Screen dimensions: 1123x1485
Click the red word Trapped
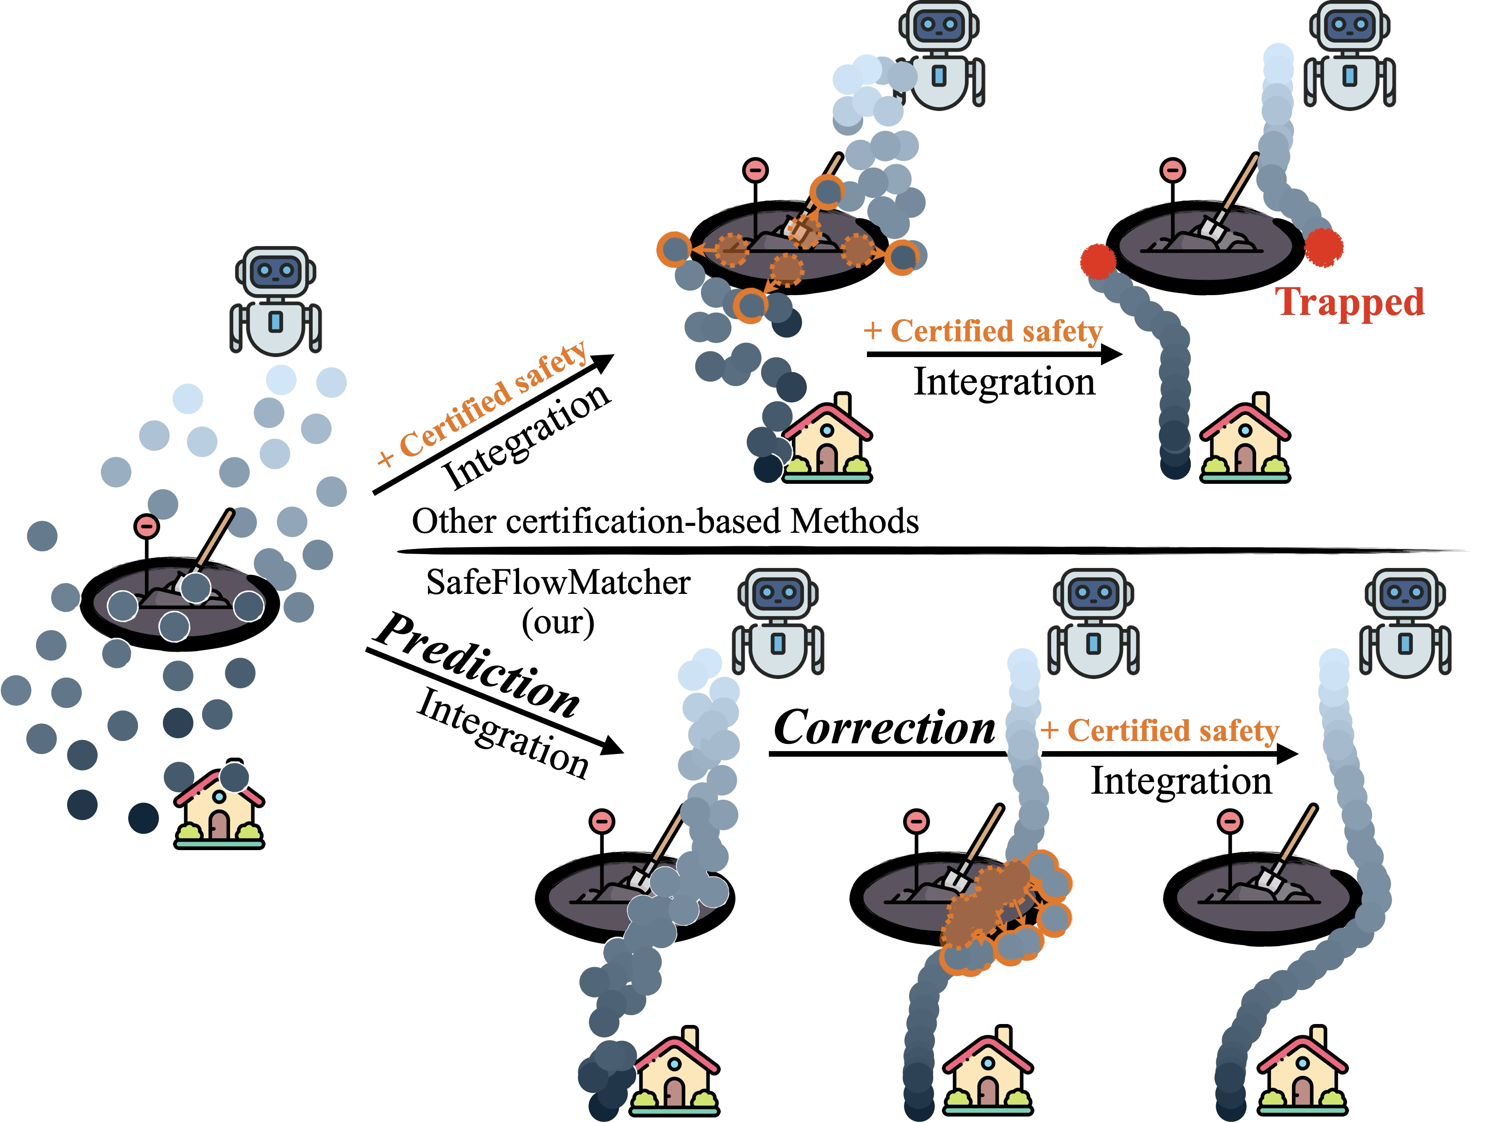[1349, 302]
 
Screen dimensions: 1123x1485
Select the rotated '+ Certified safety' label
[482, 404]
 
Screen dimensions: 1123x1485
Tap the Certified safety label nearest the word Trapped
[983, 331]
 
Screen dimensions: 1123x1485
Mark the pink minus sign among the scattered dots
[146, 526]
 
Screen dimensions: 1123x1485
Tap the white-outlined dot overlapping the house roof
[234, 778]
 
